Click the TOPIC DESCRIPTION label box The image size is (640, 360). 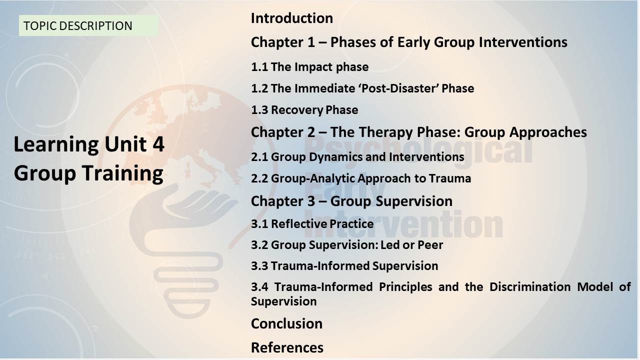88,25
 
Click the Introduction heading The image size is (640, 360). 292,18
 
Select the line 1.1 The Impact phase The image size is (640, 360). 309,67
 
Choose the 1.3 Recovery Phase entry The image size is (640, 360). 304,110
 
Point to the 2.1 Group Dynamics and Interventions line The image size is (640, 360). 357,157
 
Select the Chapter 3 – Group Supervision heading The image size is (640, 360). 351,201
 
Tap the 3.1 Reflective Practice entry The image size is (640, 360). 312,223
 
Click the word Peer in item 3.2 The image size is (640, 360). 430,245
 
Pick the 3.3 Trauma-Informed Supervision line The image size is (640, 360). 344,266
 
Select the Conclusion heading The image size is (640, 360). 286,324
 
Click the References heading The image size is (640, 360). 287,347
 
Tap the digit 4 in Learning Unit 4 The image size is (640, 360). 158,144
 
